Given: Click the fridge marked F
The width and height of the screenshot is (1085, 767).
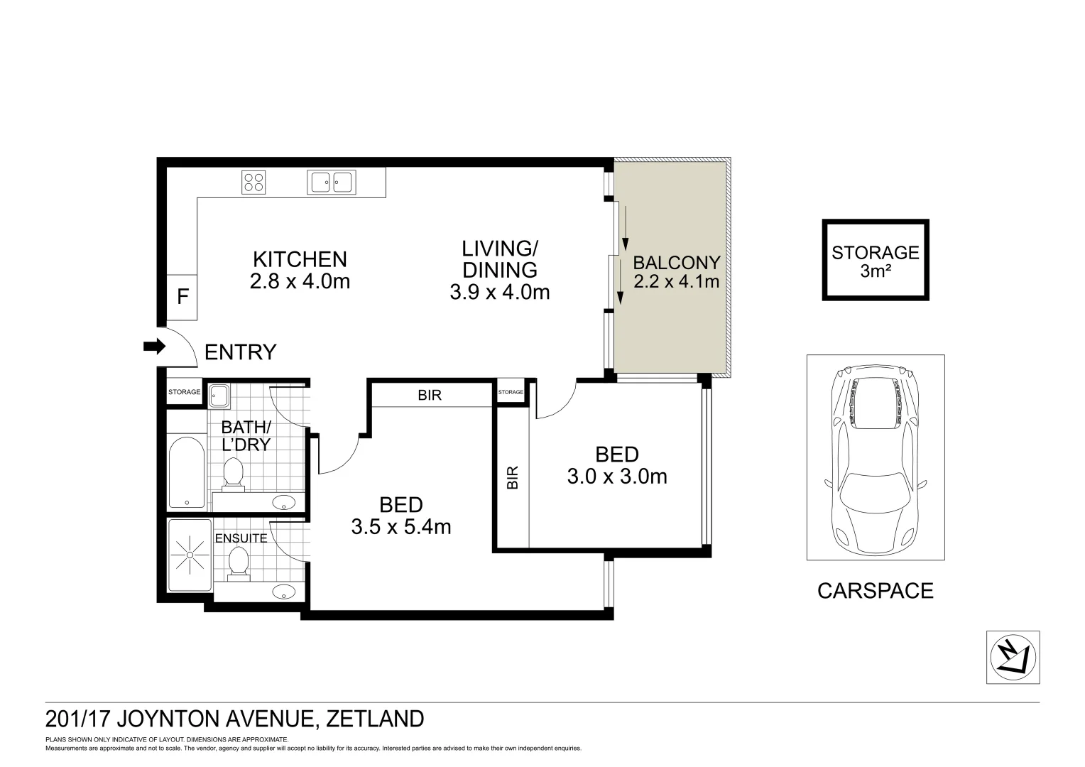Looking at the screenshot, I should [x=182, y=297].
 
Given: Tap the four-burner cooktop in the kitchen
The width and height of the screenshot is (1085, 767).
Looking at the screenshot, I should [x=253, y=183].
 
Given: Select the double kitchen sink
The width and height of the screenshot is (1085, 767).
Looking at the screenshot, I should [x=330, y=182].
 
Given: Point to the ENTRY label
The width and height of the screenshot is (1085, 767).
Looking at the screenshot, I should [x=240, y=352].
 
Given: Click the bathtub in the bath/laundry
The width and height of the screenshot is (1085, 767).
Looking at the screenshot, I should [x=187, y=473].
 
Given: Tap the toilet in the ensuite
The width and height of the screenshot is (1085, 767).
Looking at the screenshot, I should [x=239, y=562].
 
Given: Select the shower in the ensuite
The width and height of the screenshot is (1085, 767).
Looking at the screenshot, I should [x=190, y=555].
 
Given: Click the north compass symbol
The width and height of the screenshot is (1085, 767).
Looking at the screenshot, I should [x=1013, y=657].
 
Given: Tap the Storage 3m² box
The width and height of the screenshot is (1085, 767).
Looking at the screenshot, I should [x=875, y=260].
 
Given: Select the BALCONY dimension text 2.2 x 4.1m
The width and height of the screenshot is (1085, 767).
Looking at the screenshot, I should [x=676, y=282].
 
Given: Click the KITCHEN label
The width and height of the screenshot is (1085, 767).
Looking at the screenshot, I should [x=300, y=259].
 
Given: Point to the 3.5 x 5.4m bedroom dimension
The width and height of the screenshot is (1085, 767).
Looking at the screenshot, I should [x=401, y=527].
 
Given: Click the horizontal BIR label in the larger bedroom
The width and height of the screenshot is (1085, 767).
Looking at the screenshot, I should [x=430, y=396].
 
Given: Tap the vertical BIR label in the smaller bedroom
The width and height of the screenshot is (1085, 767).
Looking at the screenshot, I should [x=513, y=477].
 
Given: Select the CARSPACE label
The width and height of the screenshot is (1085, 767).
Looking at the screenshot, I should [x=875, y=591].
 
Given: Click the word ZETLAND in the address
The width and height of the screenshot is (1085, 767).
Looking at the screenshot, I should [x=375, y=719].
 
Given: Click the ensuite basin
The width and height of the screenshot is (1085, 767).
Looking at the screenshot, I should [x=285, y=591].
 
